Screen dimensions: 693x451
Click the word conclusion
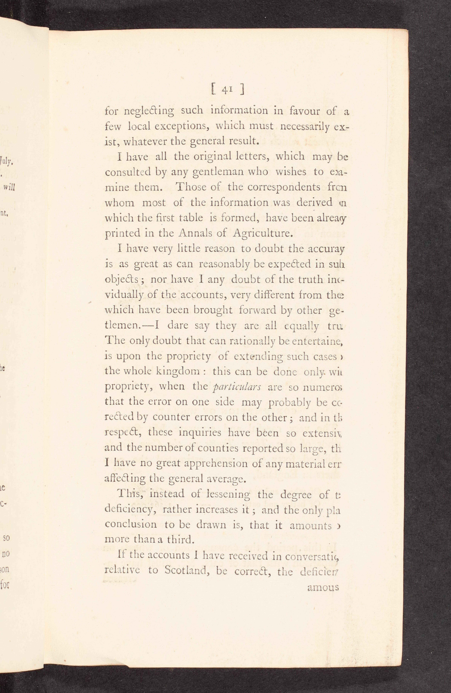pos(131,524)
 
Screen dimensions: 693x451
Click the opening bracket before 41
pos(214,90)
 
